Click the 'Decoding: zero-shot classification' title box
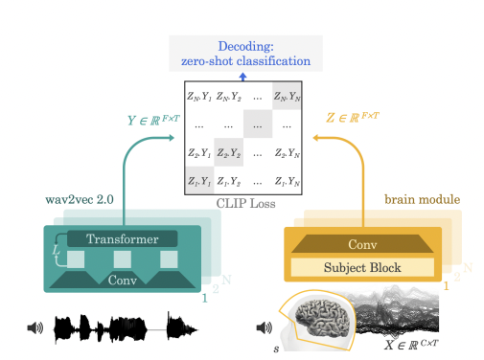(242, 53)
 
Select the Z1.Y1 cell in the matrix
(198, 179)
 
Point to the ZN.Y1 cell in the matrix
(198, 96)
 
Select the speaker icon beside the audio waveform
(35, 328)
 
